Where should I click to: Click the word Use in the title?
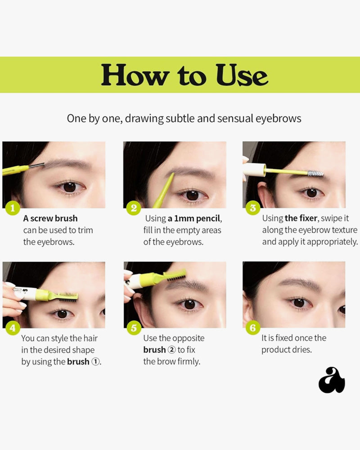tap(242, 75)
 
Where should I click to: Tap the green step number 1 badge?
tap(12, 208)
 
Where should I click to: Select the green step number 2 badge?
tap(134, 208)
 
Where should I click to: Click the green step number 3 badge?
tap(252, 208)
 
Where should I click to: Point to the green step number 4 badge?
tap(13, 328)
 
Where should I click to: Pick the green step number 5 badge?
tap(134, 328)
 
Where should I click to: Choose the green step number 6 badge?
tap(252, 328)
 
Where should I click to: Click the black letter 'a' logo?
tap(332, 380)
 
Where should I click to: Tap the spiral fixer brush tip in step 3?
tap(315, 173)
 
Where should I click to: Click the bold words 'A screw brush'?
tap(50, 218)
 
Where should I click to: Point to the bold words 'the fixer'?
tap(301, 218)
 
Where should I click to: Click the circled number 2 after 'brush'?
tap(171, 350)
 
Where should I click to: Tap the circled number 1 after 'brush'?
tap(95, 362)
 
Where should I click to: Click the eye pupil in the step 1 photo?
tap(69, 187)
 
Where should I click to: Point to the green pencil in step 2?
tap(163, 190)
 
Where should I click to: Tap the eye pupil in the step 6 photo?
tap(299, 302)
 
